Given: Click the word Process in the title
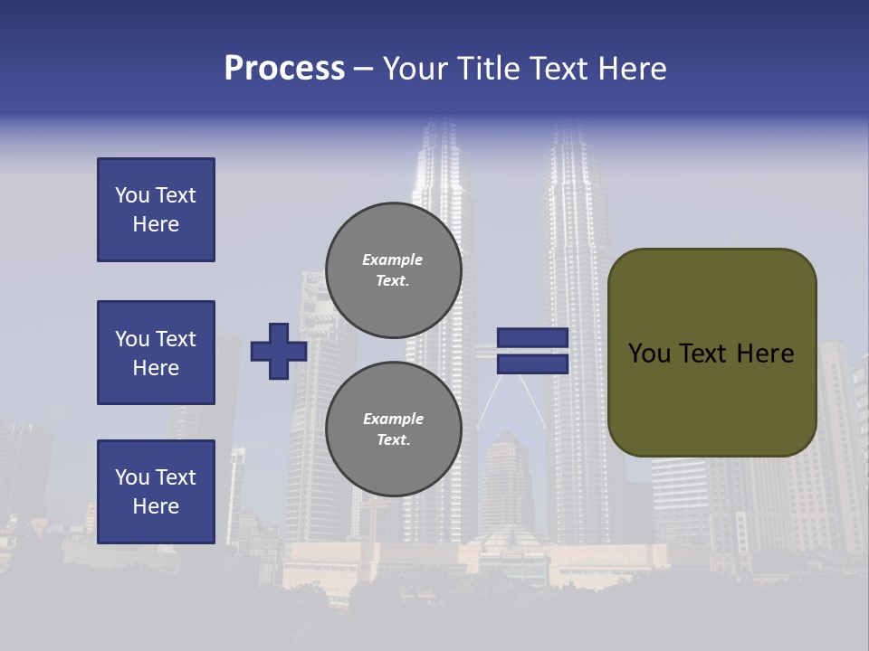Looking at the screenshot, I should tap(284, 69).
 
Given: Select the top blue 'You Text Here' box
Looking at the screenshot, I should tap(156, 210).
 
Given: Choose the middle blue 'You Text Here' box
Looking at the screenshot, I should tap(156, 353).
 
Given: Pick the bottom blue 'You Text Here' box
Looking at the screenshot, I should tap(156, 492).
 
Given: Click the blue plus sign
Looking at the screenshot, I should tap(279, 351).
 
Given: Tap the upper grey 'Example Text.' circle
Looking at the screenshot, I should tap(393, 269).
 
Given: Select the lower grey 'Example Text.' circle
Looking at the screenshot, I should tap(393, 429).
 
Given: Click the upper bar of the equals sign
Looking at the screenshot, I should tap(532, 337).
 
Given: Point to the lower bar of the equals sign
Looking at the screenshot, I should tap(532, 363).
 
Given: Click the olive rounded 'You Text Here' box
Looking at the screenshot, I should tap(711, 353).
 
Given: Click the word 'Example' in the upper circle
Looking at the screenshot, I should tap(393, 259).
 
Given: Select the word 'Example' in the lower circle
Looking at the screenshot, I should tap(393, 419).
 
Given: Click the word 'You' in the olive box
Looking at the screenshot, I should tap(649, 354).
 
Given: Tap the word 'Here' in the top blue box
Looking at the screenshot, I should tap(156, 224).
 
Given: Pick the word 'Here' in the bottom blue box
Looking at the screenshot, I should tap(156, 506).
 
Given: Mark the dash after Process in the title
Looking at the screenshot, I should tap(363, 70).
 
